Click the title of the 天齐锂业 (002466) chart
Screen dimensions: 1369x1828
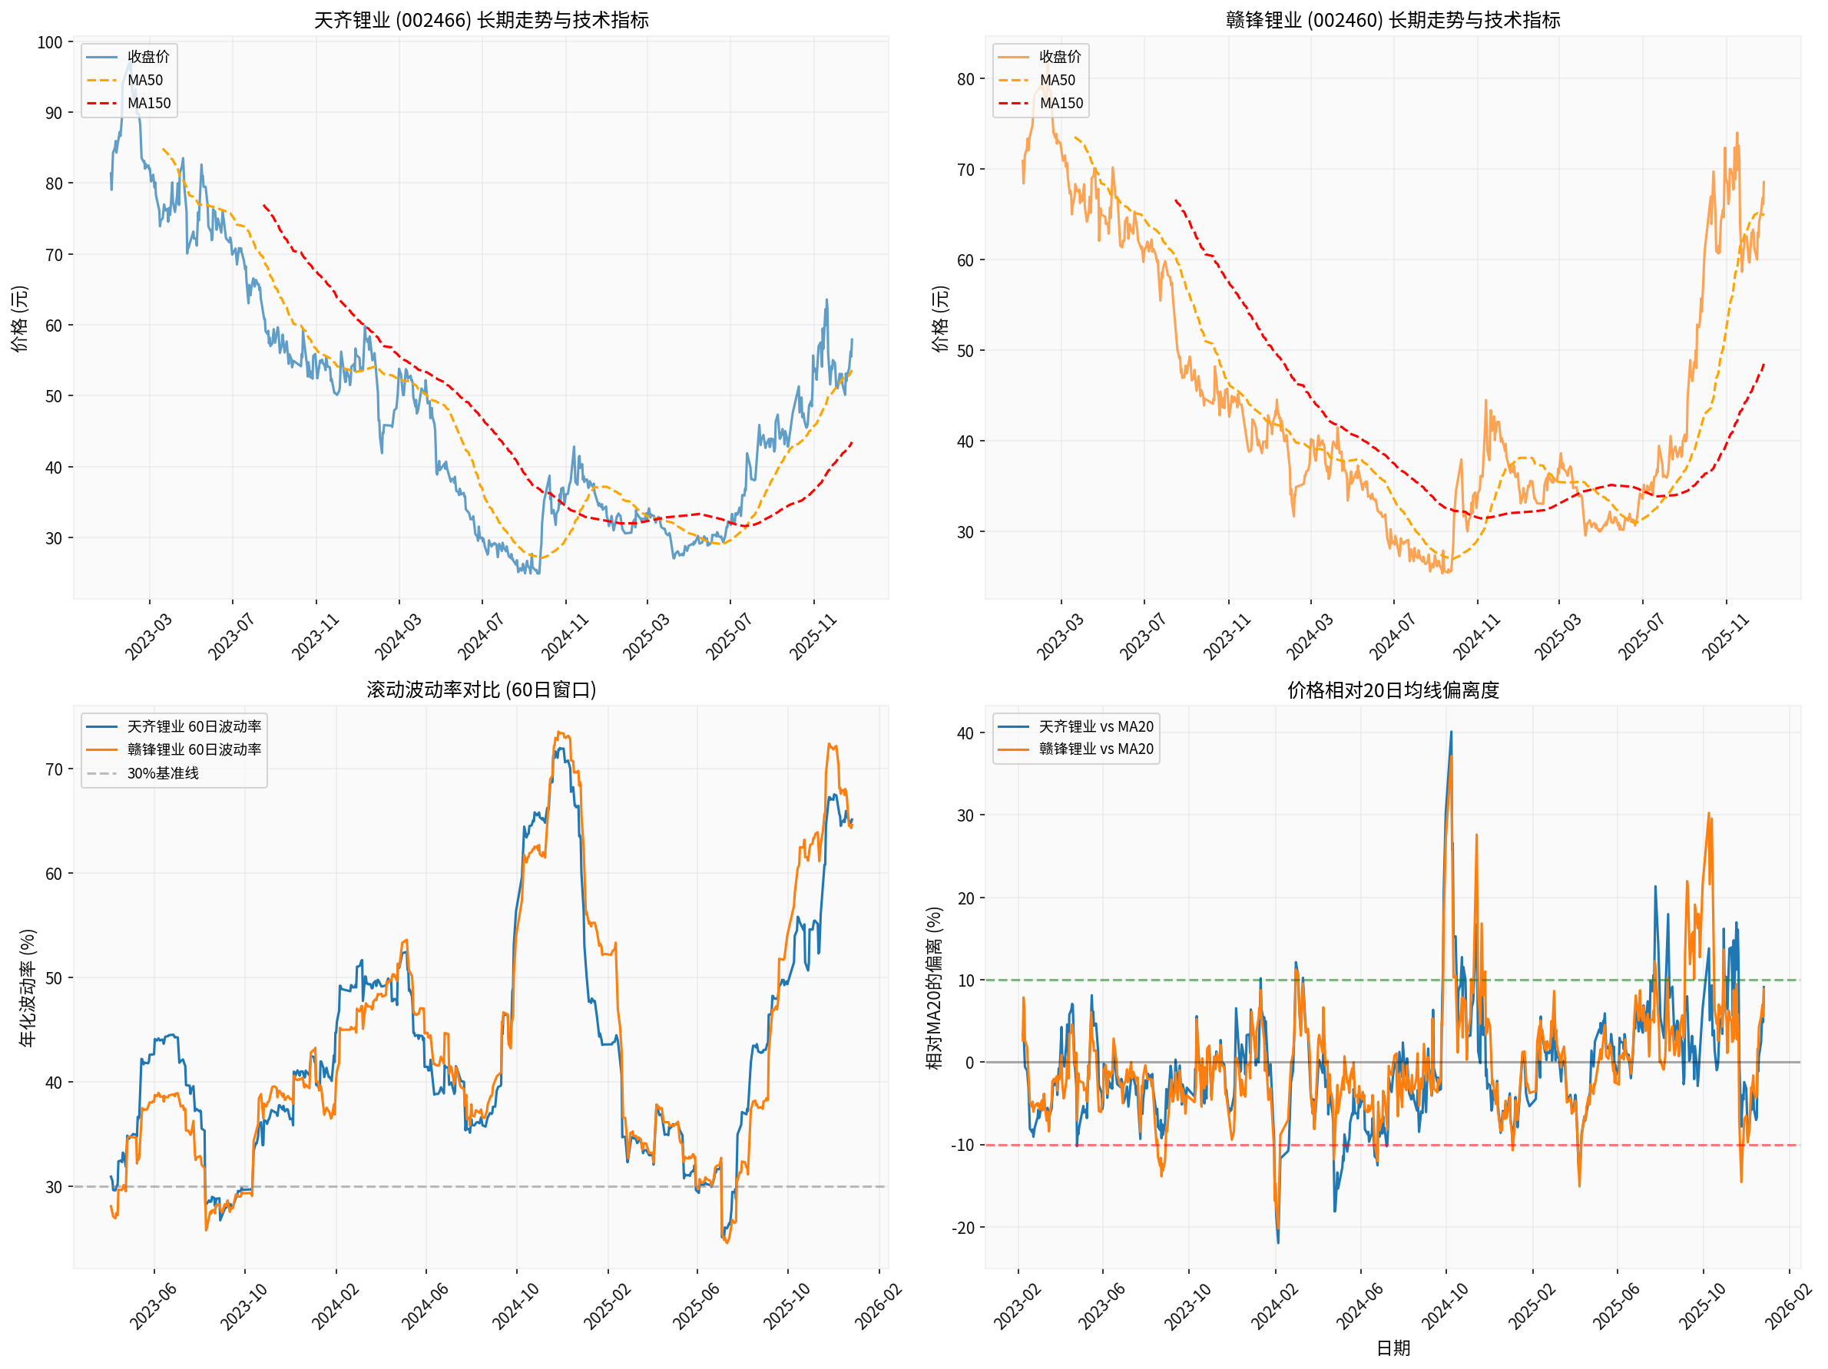tap(481, 20)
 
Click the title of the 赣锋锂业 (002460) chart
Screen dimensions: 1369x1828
tap(1393, 20)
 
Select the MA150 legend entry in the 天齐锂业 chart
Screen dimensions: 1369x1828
tap(149, 104)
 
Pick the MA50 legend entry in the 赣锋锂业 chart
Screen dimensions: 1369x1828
tap(1057, 80)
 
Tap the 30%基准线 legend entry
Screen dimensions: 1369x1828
tap(162, 773)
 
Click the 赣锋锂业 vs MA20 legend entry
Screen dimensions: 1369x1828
tap(1095, 749)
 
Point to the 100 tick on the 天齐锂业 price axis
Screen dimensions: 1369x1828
tap(50, 42)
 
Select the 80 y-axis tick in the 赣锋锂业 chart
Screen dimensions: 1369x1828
tap(965, 79)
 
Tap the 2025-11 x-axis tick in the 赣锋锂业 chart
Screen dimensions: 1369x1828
tap(1725, 637)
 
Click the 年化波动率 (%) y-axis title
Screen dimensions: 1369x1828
tap(28, 987)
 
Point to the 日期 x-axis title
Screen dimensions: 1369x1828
tap(1393, 1348)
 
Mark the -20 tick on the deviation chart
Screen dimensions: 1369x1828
tap(962, 1228)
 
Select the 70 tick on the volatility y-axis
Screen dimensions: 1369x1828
tap(54, 769)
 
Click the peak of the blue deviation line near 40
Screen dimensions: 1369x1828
tap(1450, 732)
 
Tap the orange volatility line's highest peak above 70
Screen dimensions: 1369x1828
tap(559, 732)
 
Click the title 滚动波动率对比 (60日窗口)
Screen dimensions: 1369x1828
tap(481, 689)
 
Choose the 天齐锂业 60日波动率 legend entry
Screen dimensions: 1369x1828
tap(194, 726)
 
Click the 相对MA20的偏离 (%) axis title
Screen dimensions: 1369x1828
tap(934, 987)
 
